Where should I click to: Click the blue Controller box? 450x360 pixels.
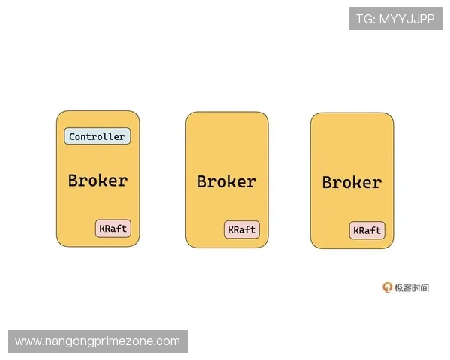pos(97,136)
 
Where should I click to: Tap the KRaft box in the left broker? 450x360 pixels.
pos(113,229)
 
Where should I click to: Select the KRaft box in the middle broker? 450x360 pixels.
pos(242,229)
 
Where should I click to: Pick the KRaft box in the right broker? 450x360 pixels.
pos(367,230)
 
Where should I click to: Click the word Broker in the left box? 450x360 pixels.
pos(97,181)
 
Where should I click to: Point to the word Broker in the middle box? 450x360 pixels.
pos(227,181)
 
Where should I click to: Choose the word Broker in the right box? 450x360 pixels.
pos(352,182)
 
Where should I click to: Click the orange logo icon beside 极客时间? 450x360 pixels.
pos(387,287)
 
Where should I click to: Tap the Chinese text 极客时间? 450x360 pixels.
pos(412,288)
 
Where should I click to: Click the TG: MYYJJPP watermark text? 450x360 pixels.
pos(395,19)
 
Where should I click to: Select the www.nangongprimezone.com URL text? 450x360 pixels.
pos(97,341)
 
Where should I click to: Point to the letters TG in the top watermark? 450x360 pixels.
pos(365,19)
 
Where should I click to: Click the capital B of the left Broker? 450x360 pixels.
pos(73,180)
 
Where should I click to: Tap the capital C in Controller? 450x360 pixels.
pos(72,136)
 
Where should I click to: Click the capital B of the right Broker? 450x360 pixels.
pos(328,182)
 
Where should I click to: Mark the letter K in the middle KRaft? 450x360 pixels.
pos(231,229)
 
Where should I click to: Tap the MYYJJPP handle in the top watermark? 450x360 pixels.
pos(407,19)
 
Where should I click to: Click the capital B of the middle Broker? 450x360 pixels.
pos(202,181)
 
